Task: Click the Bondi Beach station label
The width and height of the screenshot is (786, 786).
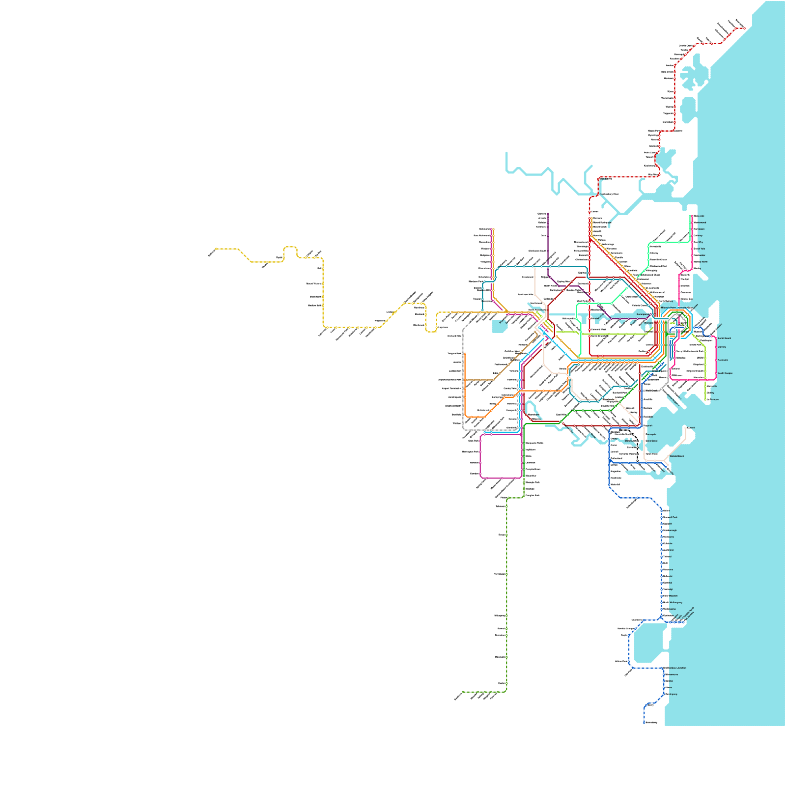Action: coord(724,338)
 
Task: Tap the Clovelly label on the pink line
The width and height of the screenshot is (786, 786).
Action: coord(722,347)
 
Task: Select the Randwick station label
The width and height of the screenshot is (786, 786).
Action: coord(723,360)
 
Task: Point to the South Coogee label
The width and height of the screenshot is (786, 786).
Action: coord(725,373)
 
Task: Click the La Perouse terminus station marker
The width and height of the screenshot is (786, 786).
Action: coord(707,399)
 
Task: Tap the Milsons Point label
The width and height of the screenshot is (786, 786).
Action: coord(668,308)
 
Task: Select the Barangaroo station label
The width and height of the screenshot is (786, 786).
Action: coord(643,314)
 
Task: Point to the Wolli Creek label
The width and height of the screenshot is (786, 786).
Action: coord(651,391)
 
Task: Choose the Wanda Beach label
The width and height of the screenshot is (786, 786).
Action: coord(676,456)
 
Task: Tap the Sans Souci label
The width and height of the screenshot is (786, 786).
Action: coord(651,441)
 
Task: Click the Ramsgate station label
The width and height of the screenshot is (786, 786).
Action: coord(651,434)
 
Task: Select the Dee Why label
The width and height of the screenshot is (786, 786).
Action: coord(698,242)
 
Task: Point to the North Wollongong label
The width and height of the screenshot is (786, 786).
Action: coord(673,602)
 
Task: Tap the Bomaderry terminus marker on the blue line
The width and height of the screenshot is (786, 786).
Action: coord(644,723)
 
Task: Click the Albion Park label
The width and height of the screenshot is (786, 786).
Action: coord(621,661)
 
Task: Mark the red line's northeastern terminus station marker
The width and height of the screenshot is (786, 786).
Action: coord(744,28)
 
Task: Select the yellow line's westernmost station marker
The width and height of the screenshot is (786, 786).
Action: coord(216,249)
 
